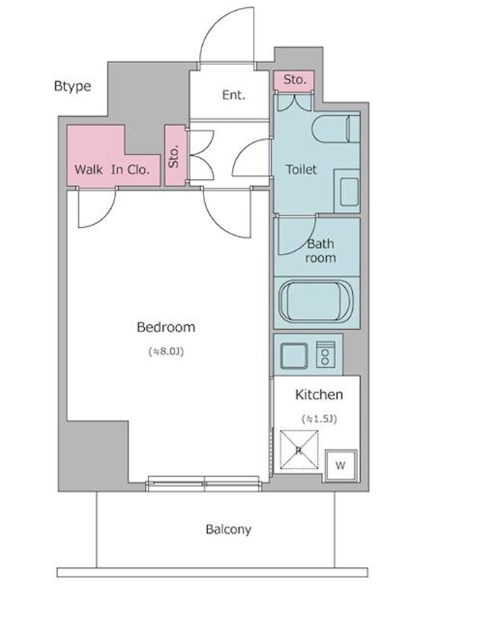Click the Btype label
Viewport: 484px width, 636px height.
click(x=72, y=86)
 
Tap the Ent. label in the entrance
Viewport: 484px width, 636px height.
click(x=234, y=95)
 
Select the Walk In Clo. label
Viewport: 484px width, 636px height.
click(x=112, y=170)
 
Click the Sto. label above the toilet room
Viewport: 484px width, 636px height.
click(x=295, y=80)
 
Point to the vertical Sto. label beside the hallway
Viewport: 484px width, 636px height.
click(x=175, y=156)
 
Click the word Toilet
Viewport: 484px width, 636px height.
click(x=301, y=169)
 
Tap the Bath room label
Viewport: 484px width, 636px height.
click(x=321, y=251)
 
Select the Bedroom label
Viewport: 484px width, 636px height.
click(x=166, y=327)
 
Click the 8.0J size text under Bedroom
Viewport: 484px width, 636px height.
click(x=166, y=352)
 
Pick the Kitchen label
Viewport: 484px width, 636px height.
click(x=319, y=395)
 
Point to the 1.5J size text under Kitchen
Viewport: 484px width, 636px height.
click(x=320, y=418)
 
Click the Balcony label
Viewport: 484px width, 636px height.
click(x=228, y=529)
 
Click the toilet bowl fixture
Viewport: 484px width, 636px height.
click(x=336, y=129)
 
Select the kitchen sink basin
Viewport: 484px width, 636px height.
click(x=294, y=355)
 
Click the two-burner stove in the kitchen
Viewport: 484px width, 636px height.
click(x=325, y=354)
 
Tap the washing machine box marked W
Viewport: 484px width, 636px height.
click(x=341, y=466)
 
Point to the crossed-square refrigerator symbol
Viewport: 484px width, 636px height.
click(x=299, y=449)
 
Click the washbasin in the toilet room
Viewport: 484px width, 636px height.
click(x=349, y=192)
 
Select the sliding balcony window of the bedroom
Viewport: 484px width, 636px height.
click(x=204, y=484)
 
